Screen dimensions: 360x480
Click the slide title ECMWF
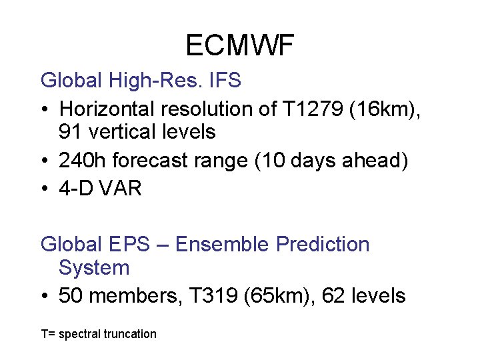(x=239, y=45)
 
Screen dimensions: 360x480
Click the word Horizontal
(x=108, y=108)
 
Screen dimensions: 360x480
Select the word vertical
(x=123, y=132)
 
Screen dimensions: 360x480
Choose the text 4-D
(x=76, y=189)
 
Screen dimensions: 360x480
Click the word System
(x=94, y=268)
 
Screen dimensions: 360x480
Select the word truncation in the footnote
(x=130, y=334)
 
